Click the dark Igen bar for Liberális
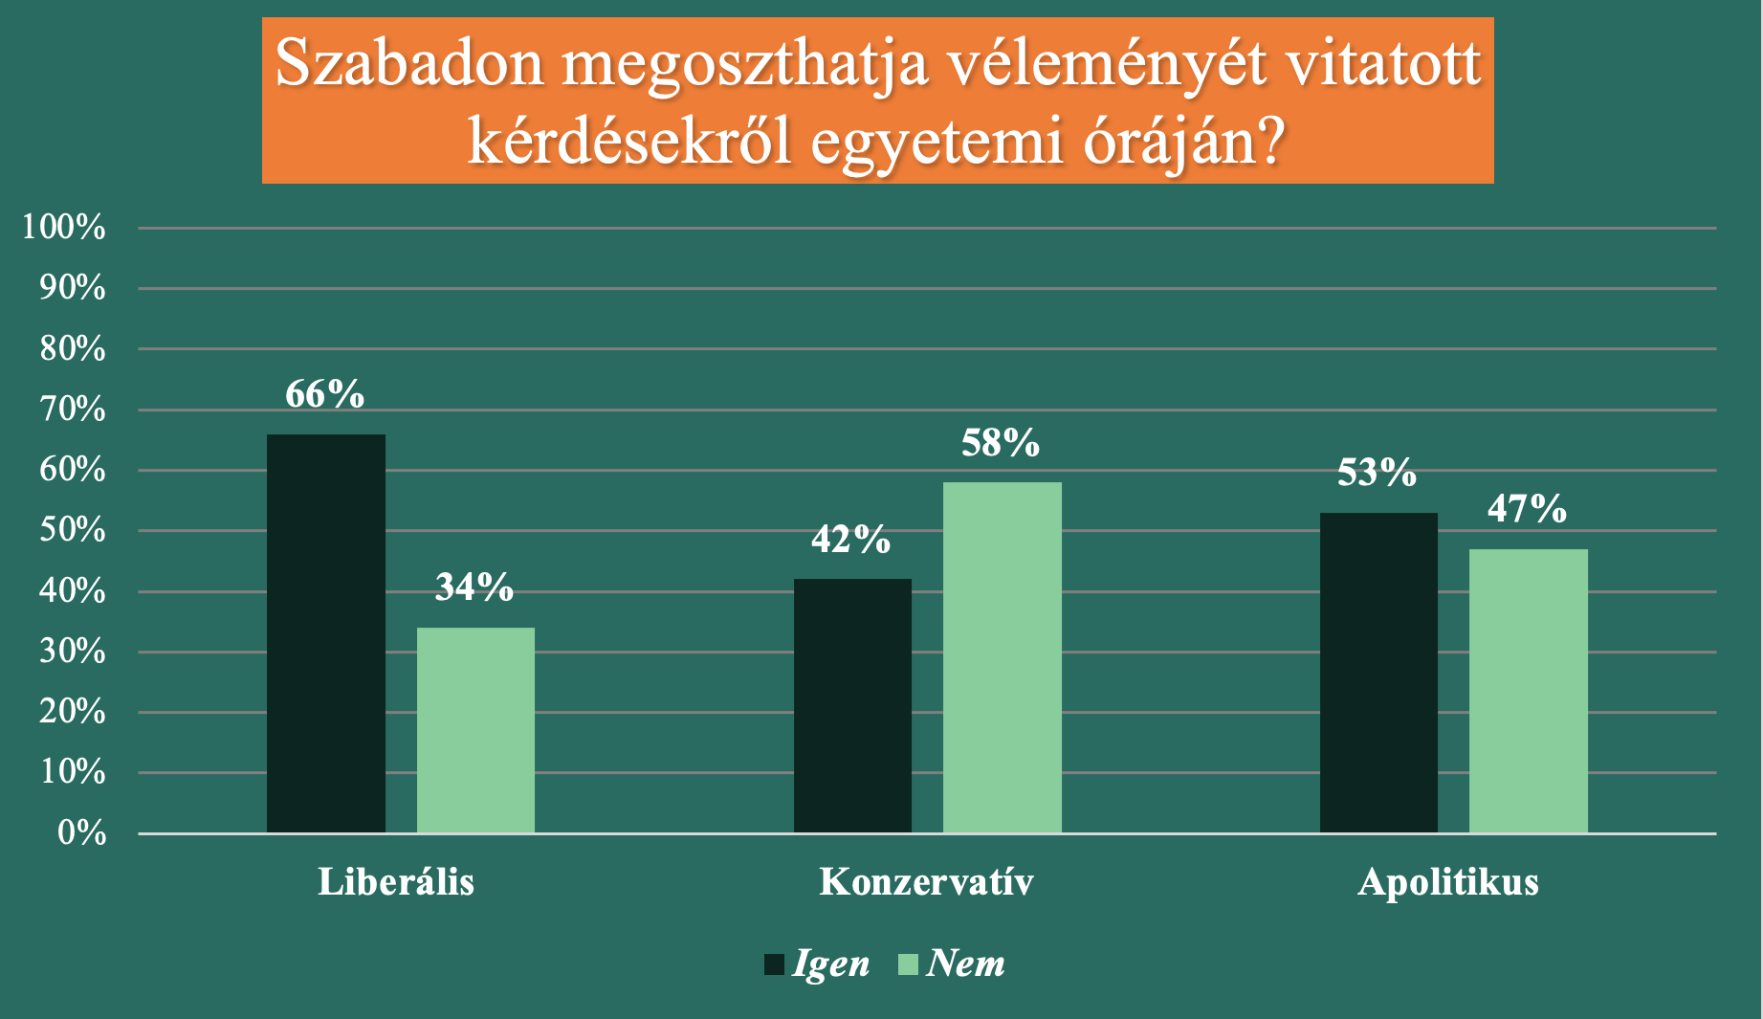pyautogui.click(x=326, y=633)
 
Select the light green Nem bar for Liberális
pyautogui.click(x=475, y=730)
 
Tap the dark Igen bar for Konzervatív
pyautogui.click(x=852, y=706)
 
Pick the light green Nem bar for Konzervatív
pyautogui.click(x=1003, y=657)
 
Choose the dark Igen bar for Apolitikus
pyautogui.click(x=1378, y=673)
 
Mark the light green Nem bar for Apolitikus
pyautogui.click(x=1529, y=691)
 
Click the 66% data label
pyautogui.click(x=325, y=394)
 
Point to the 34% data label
pyautogui.click(x=474, y=587)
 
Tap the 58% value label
pyautogui.click(x=1001, y=443)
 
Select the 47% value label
pyautogui.click(x=1528, y=509)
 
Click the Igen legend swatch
pyautogui.click(x=774, y=964)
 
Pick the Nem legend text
pyautogui.click(x=966, y=964)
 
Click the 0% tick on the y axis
pyautogui.click(x=82, y=833)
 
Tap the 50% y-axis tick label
pyautogui.click(x=73, y=530)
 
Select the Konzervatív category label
pyautogui.click(x=927, y=882)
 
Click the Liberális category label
pyautogui.click(x=396, y=882)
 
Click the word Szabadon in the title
pyautogui.click(x=409, y=65)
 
